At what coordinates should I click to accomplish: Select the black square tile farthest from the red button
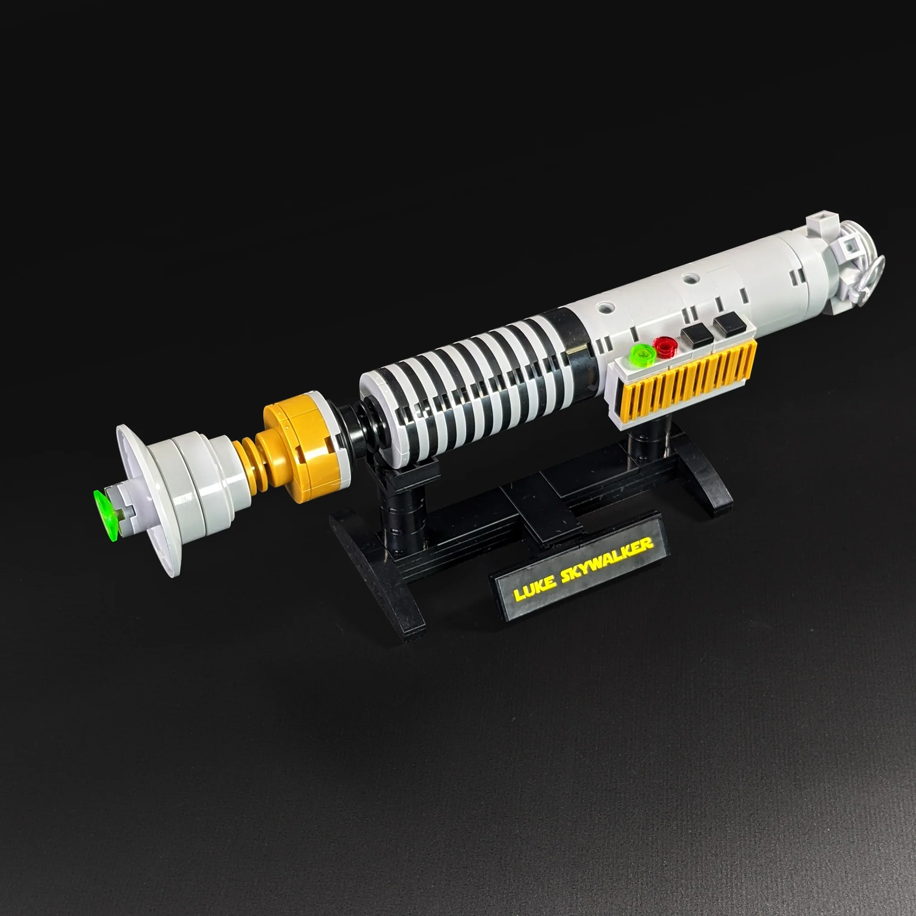728,324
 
